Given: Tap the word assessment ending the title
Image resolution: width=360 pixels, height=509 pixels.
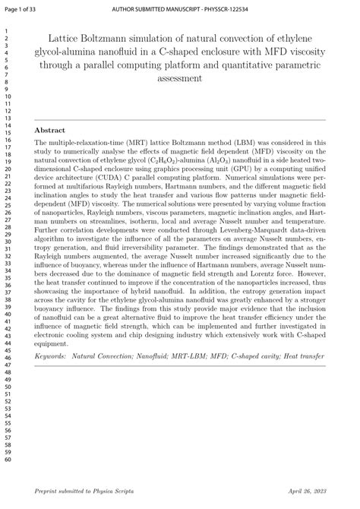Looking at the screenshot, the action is click(179, 78).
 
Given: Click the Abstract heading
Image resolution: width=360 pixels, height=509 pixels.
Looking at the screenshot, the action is click(50, 130).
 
